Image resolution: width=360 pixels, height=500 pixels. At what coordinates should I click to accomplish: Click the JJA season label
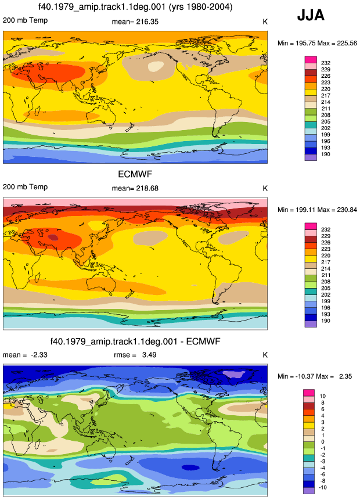tap(311, 15)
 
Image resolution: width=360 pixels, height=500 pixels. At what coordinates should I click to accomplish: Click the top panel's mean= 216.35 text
tap(135, 21)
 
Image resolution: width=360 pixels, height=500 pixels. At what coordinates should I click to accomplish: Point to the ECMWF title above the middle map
tap(135, 174)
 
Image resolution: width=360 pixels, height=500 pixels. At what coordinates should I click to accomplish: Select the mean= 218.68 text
tap(135, 188)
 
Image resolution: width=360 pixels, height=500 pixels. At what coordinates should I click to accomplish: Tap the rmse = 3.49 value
tap(135, 355)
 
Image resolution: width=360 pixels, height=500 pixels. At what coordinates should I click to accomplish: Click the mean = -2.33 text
tap(25, 355)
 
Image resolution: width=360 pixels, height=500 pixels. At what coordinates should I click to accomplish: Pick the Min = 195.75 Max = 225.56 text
tap(317, 43)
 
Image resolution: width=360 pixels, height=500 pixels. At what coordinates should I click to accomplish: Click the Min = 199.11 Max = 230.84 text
tap(317, 210)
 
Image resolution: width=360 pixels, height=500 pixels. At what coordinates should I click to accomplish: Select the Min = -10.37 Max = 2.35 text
tap(315, 376)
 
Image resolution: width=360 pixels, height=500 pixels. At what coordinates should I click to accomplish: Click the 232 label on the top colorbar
tap(326, 63)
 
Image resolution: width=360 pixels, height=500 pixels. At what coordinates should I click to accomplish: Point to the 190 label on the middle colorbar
tap(326, 321)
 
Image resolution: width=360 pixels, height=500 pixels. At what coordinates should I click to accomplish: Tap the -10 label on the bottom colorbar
tap(323, 487)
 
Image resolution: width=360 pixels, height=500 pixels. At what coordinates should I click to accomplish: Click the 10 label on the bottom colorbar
tap(323, 396)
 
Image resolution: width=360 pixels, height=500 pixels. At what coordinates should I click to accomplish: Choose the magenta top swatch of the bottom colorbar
tap(309, 393)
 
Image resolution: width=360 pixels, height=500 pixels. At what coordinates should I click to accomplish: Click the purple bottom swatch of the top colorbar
tap(311, 157)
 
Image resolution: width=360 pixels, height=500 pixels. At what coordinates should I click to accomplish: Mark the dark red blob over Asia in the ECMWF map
tap(53, 238)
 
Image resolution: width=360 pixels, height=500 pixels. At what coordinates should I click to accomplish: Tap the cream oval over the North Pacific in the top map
tap(156, 66)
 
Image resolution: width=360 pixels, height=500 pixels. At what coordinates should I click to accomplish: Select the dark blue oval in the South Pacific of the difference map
tap(190, 467)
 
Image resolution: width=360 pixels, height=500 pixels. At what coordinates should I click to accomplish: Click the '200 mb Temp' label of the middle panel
tap(25, 187)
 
